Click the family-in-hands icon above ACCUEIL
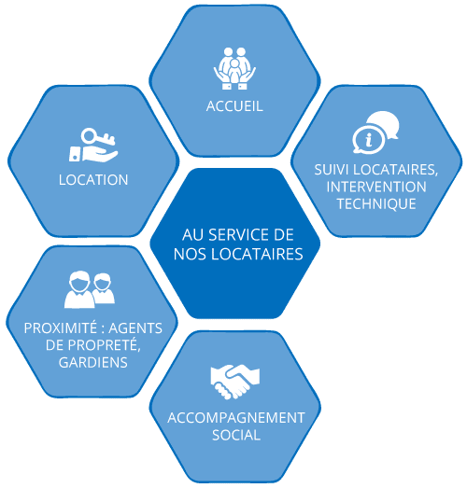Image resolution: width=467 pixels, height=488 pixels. tap(234, 68)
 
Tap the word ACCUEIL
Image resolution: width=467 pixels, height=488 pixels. tap(234, 106)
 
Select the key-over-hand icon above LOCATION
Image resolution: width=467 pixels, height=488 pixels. tap(93, 145)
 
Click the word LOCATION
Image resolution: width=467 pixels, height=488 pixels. tap(93, 180)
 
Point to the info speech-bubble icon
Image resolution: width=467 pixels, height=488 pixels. tap(375, 132)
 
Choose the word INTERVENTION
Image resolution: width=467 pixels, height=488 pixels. tap(376, 187)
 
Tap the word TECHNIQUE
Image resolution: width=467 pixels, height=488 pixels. tap(376, 203)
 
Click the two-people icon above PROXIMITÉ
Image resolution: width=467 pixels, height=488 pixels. tap(90, 290)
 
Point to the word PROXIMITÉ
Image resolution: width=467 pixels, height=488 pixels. tap(61, 328)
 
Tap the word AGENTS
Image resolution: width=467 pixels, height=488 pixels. tap(135, 328)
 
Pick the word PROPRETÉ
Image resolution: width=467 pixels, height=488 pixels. tap(104, 345)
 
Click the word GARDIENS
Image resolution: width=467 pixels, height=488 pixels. tap(93, 362)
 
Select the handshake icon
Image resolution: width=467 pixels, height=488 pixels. tap(235, 382)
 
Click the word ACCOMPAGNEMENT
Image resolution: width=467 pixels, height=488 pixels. tap(236, 418)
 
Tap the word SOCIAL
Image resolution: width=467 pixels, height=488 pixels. tap(236, 435)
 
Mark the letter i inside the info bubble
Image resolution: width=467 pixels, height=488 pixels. tap(369, 140)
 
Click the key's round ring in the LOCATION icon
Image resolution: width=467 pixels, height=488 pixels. tap(90, 135)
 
